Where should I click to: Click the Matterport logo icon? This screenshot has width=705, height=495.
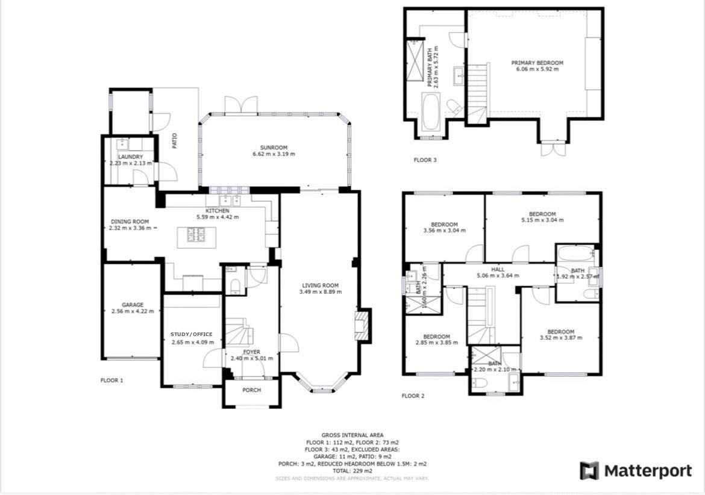coord(589,471)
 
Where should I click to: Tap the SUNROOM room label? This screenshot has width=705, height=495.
coord(274,148)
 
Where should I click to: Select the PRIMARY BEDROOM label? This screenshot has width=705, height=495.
coord(537,63)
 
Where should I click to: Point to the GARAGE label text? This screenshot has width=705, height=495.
coord(133,305)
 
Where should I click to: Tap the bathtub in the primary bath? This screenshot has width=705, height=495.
coord(431,111)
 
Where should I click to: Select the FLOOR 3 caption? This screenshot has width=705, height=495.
coord(425,160)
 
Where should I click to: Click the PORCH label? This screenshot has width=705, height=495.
coord(251,390)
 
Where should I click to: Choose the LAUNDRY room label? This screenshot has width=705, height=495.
coord(130,157)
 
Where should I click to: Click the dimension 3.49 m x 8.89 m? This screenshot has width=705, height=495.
coord(320,292)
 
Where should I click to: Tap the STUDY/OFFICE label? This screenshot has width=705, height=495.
coord(192,334)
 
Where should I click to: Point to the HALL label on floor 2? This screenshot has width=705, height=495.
coord(498,269)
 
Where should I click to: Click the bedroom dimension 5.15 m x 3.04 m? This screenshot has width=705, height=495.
coord(542,220)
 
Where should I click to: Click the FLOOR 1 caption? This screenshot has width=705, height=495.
coord(111,381)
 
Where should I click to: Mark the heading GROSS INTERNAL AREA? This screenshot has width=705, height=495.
coord(352,435)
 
